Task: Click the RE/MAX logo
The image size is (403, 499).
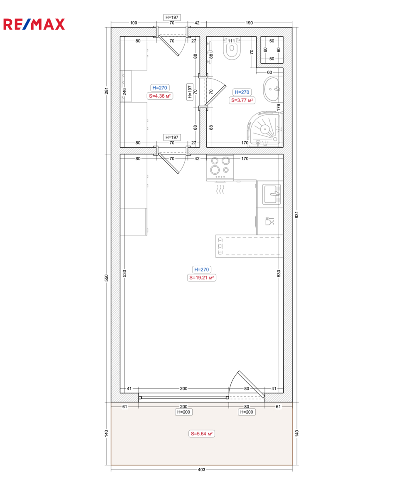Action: click(34, 24)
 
